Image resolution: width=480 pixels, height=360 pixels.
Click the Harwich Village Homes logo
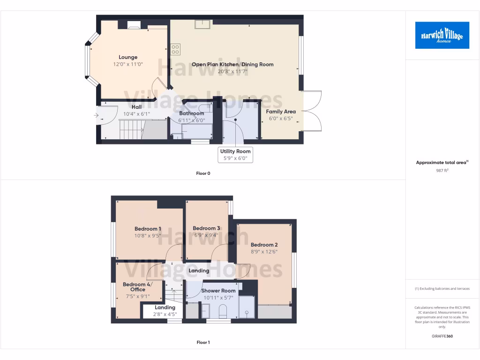442,35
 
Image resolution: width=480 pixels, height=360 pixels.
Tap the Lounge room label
127,57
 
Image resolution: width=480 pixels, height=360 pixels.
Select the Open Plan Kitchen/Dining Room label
232,64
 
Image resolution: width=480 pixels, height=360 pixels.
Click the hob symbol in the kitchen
176,49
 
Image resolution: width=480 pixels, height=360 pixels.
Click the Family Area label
281,112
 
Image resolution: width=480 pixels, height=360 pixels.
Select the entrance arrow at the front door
97,115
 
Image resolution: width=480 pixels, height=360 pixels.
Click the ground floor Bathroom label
191,113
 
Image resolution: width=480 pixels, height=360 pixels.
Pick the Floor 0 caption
203,173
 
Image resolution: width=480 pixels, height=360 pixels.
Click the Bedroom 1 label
148,229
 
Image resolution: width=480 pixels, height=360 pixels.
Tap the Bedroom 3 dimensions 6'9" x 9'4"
206,235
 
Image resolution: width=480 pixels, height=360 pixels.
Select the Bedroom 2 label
264,245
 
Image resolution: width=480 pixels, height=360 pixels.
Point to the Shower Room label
218,291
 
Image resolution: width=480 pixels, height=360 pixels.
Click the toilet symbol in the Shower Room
223,310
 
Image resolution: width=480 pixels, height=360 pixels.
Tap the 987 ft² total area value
442,171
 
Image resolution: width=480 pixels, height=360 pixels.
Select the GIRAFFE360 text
442,336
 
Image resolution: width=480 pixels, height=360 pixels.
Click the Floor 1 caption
203,343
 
